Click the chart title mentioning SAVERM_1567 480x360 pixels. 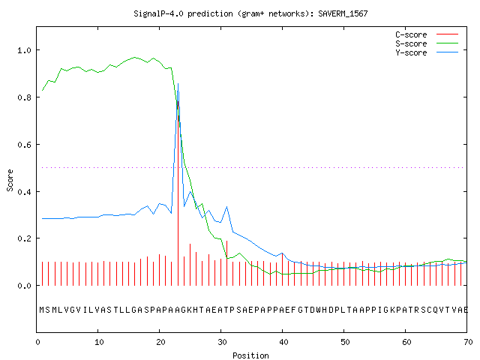click(x=250, y=13)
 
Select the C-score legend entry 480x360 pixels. click(x=427, y=34)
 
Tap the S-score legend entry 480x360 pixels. click(x=427, y=43)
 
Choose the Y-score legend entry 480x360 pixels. click(x=427, y=52)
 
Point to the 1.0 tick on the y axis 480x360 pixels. click(x=24, y=50)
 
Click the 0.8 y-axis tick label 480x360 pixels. click(x=24, y=97)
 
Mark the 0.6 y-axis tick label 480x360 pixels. click(x=24, y=145)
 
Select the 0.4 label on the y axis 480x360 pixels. click(x=24, y=192)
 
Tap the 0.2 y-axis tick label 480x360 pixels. click(x=24, y=238)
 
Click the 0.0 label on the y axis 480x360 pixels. click(x=24, y=286)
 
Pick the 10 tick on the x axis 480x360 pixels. click(x=99, y=342)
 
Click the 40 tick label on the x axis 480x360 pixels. click(x=283, y=342)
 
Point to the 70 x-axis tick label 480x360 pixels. click(x=468, y=342)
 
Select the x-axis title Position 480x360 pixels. click(x=250, y=355)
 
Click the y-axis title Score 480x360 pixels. click(x=10, y=180)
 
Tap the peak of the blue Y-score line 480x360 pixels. click(x=178, y=83)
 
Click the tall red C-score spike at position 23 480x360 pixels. click(x=178, y=193)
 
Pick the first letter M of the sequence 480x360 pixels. click(x=42, y=310)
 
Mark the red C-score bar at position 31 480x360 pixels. click(x=226, y=263)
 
